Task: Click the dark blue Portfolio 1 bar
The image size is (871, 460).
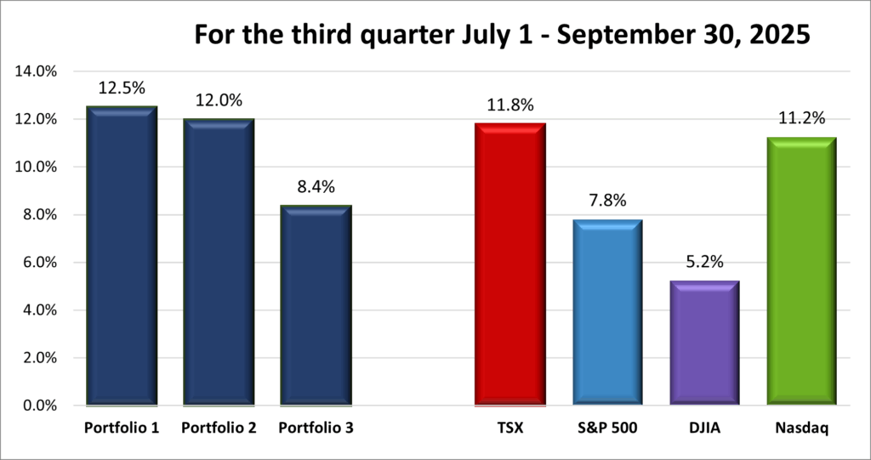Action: point(122,255)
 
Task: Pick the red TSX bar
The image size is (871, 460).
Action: point(510,264)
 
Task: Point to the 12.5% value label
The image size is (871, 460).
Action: point(122,88)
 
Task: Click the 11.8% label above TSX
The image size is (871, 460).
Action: point(510,105)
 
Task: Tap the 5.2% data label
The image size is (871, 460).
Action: point(704,263)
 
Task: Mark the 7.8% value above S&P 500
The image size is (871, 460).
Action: point(606,201)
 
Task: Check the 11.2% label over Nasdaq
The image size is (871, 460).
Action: point(801,119)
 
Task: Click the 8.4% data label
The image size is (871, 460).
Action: point(316,187)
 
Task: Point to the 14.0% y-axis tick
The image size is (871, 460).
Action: point(36,71)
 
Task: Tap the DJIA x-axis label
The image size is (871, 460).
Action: point(704,429)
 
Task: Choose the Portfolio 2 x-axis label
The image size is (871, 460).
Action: point(219,429)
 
